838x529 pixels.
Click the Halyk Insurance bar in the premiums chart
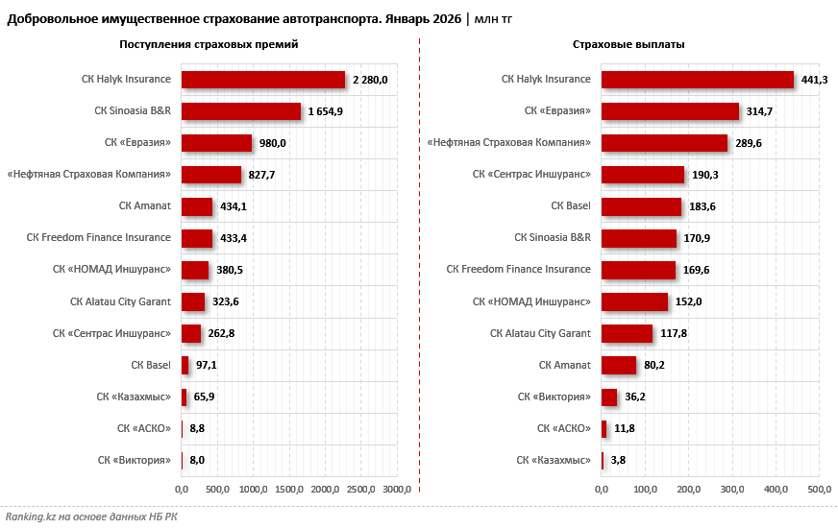pyautogui.click(x=262, y=80)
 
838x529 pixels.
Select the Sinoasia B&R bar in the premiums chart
pyautogui.click(x=240, y=111)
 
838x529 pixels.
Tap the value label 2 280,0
pyautogui.click(x=370, y=80)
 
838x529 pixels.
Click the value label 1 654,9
pyautogui.click(x=326, y=111)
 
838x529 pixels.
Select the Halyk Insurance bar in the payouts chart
pyautogui.click(x=697, y=80)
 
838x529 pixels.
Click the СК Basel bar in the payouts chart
pyautogui.click(x=641, y=206)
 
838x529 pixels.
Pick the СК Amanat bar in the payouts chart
pyautogui.click(x=618, y=365)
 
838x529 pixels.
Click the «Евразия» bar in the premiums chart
pyautogui.click(x=216, y=143)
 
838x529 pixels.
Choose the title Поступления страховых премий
pyautogui.click(x=209, y=44)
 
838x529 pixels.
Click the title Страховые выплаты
pyautogui.click(x=628, y=44)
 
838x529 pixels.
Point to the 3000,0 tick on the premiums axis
pyautogui.click(x=397, y=491)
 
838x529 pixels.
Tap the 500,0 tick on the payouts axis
pyautogui.click(x=819, y=491)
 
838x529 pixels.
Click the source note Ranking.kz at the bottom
pyautogui.click(x=91, y=517)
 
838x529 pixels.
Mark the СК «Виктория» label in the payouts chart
pyautogui.click(x=554, y=397)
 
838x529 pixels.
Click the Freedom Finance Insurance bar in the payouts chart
pyautogui.click(x=638, y=270)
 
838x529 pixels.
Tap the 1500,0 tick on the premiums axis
pyautogui.click(x=289, y=491)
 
